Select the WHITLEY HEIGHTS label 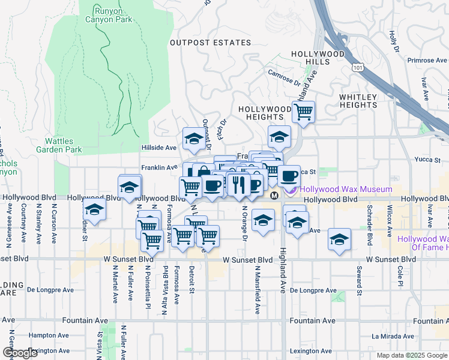click(358, 101)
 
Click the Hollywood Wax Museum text click(339, 189)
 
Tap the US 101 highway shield click(358, 68)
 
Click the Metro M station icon click(274, 196)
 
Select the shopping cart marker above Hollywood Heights click(304, 111)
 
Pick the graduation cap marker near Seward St click(339, 239)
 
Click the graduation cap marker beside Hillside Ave click(194, 139)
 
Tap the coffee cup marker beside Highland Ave click(289, 175)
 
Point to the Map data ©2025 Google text click(412, 355)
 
